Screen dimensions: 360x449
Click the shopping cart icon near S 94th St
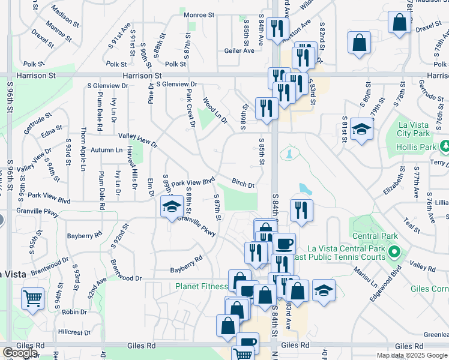32,298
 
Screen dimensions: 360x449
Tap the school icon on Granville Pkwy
171,208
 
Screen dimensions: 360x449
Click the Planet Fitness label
201,286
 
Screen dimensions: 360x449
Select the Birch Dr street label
243,183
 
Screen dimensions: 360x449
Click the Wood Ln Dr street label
215,111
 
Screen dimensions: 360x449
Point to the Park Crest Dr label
191,109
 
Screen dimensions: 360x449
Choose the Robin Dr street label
74,312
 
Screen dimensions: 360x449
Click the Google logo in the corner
19,353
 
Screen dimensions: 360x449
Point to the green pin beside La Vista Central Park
393,251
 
